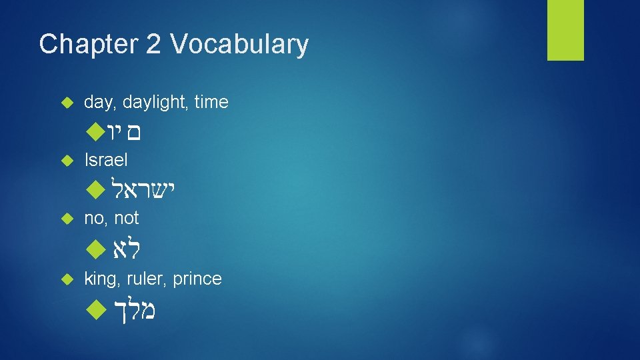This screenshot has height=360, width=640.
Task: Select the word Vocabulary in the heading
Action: point(239,45)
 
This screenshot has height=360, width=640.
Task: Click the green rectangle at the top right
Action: point(565,30)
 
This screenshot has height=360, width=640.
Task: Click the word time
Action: point(212,102)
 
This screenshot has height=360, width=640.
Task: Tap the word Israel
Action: point(106,160)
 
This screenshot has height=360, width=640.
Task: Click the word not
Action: point(127,218)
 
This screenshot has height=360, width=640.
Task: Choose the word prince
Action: point(197,279)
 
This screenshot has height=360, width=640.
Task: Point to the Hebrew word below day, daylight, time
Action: point(125,133)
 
